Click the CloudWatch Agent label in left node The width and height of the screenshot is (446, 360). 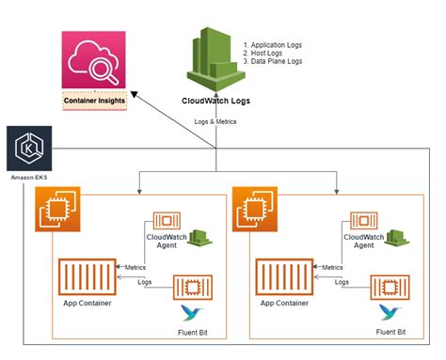click(167, 243)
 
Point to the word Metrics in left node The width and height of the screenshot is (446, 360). click(135, 267)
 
